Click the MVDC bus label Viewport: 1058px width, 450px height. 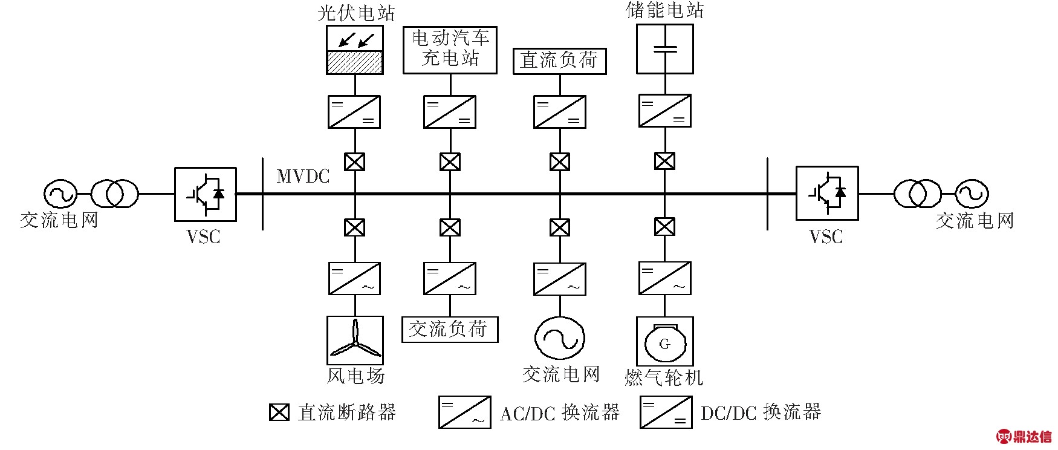point(303,176)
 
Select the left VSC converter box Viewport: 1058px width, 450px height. point(205,194)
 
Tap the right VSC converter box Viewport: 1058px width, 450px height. point(826,193)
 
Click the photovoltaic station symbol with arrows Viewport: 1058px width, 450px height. point(355,50)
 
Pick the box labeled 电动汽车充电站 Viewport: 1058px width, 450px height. point(450,50)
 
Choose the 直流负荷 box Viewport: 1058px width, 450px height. point(559,60)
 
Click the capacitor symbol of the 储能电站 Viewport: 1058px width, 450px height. point(664,49)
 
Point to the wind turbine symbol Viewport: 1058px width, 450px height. point(355,341)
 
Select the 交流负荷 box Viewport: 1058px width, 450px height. point(450,330)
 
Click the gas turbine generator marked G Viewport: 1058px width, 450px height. point(664,342)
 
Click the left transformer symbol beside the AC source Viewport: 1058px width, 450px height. point(115,194)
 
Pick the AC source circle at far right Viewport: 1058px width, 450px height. point(972,194)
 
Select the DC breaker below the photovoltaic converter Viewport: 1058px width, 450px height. point(355,161)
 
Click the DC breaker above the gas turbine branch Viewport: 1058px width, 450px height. point(664,227)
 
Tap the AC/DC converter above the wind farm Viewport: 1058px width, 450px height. point(355,278)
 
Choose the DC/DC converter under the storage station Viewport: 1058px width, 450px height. point(664,111)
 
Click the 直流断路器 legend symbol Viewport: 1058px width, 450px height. point(279,412)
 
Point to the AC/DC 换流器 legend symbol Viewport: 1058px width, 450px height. point(464,412)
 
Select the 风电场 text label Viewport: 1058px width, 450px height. point(355,376)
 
